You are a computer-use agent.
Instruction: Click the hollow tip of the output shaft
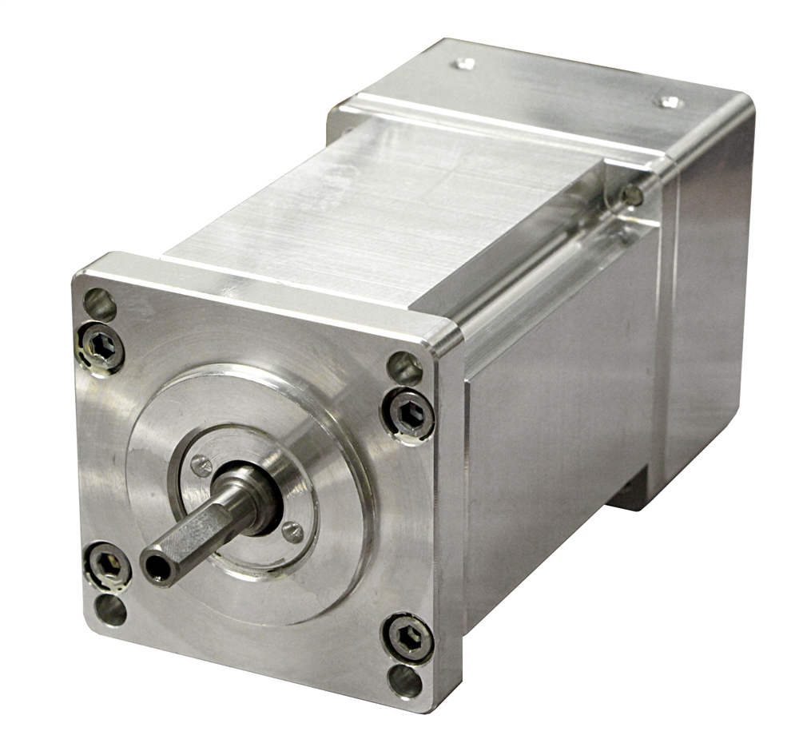click(157, 566)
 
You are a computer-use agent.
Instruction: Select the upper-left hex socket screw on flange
click(102, 346)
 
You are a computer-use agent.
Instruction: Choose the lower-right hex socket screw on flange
click(408, 637)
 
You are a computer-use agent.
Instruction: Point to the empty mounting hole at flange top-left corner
click(100, 304)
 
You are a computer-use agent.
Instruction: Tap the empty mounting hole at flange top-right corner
click(404, 368)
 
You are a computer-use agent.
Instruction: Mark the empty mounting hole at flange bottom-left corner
click(111, 610)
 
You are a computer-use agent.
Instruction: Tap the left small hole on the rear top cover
click(463, 64)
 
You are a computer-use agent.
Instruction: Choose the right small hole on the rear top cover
click(668, 101)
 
